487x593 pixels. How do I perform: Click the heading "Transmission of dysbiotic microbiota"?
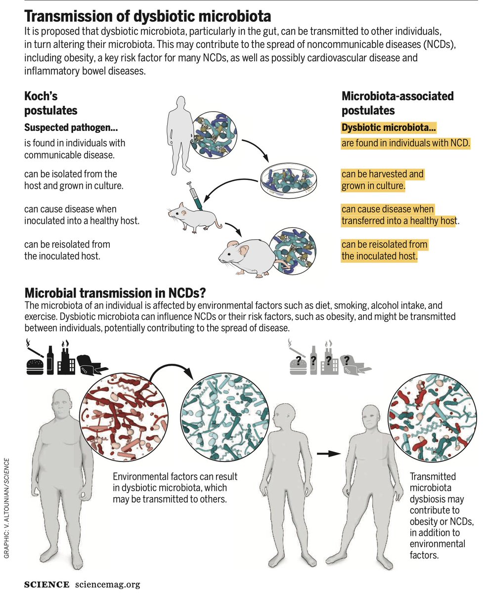click(x=148, y=17)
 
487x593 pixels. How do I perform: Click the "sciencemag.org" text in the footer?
click(x=108, y=584)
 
